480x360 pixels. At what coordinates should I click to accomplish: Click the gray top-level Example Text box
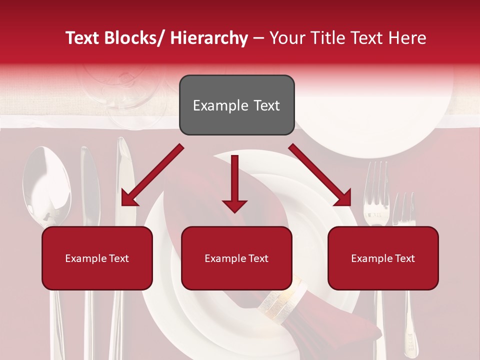236,105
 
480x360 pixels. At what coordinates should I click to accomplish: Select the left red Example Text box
97,258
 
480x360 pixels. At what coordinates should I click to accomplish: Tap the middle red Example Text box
236,258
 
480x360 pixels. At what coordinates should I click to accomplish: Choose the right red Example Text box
383,258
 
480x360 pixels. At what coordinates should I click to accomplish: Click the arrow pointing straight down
234,185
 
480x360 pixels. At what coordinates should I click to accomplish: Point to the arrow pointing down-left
150,177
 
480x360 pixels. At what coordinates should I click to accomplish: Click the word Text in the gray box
265,105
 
